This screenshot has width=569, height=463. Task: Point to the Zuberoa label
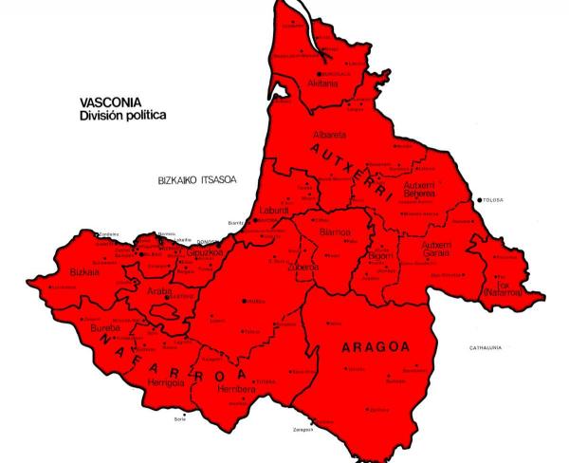303,268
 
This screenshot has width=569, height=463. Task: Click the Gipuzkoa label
182,254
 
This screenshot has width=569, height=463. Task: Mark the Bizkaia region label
85,271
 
